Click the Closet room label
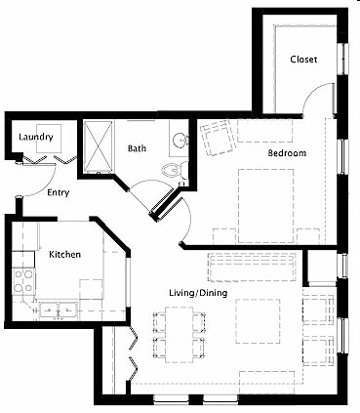coord(302,61)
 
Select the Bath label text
coord(137,149)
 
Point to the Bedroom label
coord(288,153)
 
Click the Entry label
coord(59,192)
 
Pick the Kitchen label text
coord(64,255)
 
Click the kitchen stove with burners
coord(23,282)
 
